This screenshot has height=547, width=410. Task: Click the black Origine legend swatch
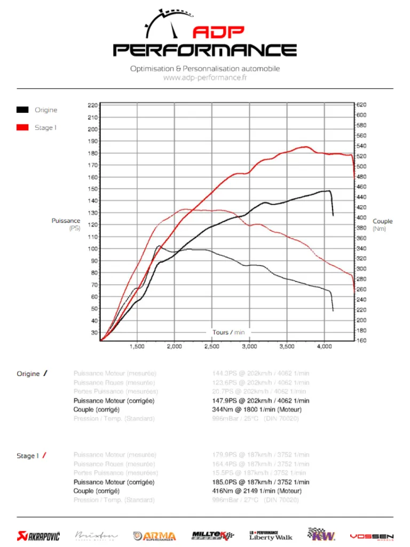tap(22, 110)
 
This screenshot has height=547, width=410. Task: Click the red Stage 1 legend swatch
tap(22, 128)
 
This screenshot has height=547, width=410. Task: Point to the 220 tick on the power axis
tap(92, 105)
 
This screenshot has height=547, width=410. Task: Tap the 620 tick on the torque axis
tap(361, 105)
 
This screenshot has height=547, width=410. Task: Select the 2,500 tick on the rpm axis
tap(212, 347)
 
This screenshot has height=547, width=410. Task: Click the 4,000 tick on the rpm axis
tap(324, 347)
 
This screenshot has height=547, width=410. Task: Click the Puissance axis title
tap(66, 221)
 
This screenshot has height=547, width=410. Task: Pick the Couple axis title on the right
tap(382, 221)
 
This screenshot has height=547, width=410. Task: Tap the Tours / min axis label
tap(228, 332)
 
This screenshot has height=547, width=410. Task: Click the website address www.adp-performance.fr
tap(205, 77)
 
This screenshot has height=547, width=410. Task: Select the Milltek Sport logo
tap(212, 535)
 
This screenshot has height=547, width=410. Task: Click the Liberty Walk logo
tap(271, 535)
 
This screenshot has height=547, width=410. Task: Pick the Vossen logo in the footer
tap(372, 536)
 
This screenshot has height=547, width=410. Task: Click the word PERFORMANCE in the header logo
tap(205, 50)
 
